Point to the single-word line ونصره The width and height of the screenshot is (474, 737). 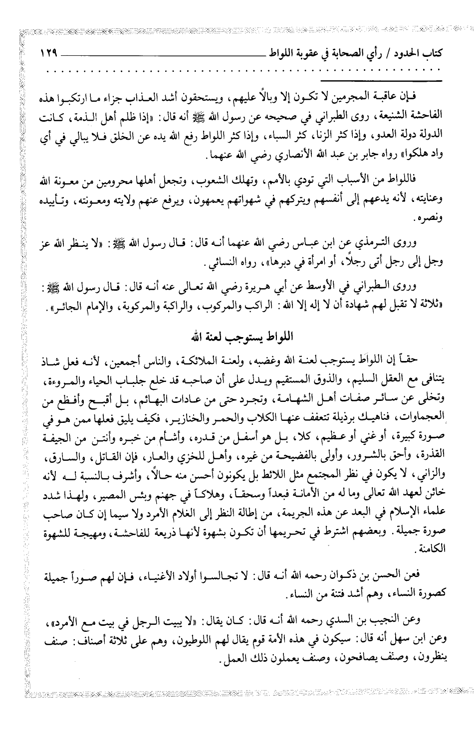coord(435,218)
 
